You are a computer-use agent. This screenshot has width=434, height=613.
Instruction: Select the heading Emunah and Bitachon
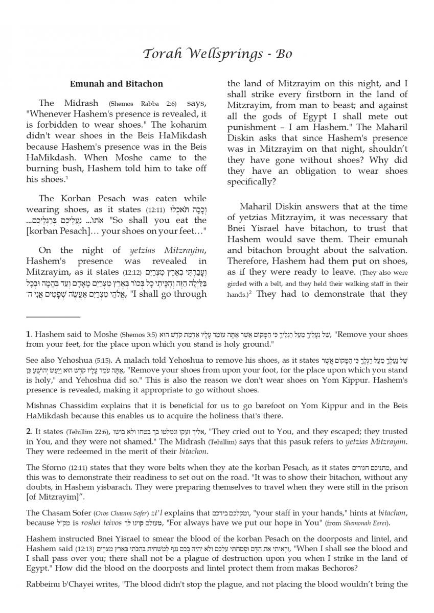116,83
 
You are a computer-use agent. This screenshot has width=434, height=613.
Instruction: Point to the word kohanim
189,125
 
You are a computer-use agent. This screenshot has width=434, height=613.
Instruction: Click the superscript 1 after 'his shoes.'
66,177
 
